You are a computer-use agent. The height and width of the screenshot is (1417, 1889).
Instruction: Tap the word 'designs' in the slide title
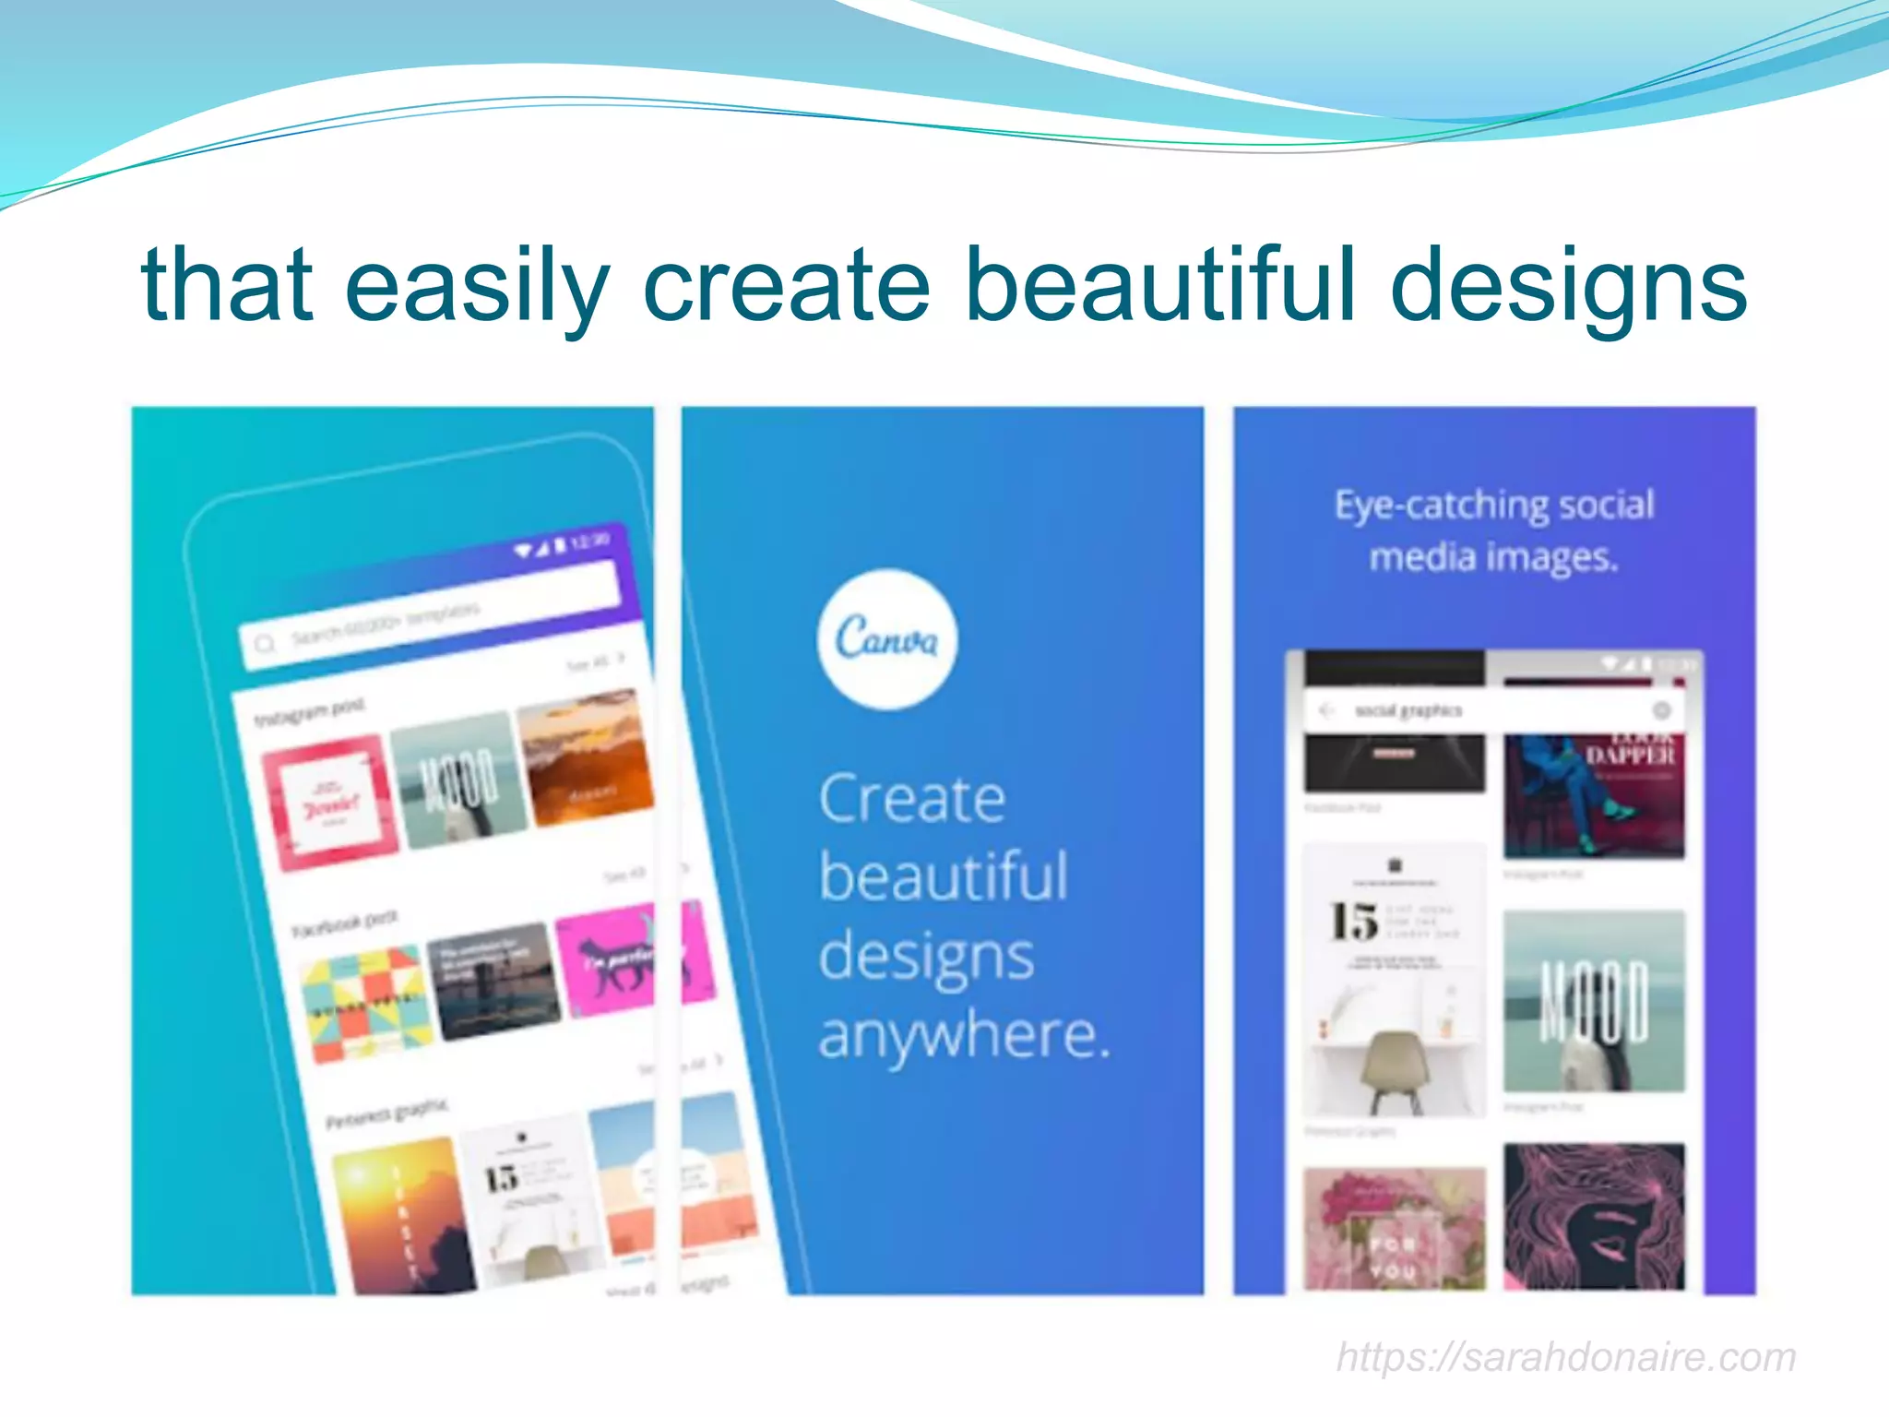pos(1568,288)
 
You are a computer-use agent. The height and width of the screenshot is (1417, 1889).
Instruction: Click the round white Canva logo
pos(887,639)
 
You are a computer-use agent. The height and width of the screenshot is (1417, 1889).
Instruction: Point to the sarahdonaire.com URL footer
pos(1566,1357)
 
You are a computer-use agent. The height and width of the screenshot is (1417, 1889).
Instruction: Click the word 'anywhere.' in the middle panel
pos(964,1035)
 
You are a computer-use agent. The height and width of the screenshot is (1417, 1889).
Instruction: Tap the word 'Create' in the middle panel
pos(911,799)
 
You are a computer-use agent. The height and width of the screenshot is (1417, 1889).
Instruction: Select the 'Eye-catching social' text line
pos(1494,506)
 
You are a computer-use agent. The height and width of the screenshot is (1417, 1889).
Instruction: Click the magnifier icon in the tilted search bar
pos(265,643)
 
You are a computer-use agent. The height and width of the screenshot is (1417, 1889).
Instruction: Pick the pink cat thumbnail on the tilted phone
pos(609,959)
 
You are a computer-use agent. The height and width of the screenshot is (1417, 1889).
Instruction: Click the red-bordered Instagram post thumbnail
pos(330,801)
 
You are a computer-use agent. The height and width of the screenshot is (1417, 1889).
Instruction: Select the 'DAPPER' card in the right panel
pos(1594,793)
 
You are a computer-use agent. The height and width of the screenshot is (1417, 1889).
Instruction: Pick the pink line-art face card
pos(1594,1216)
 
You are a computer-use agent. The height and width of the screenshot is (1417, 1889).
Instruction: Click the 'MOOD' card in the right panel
pos(1594,1001)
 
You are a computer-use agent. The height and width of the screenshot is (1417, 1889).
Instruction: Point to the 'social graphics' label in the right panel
pos(1408,710)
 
